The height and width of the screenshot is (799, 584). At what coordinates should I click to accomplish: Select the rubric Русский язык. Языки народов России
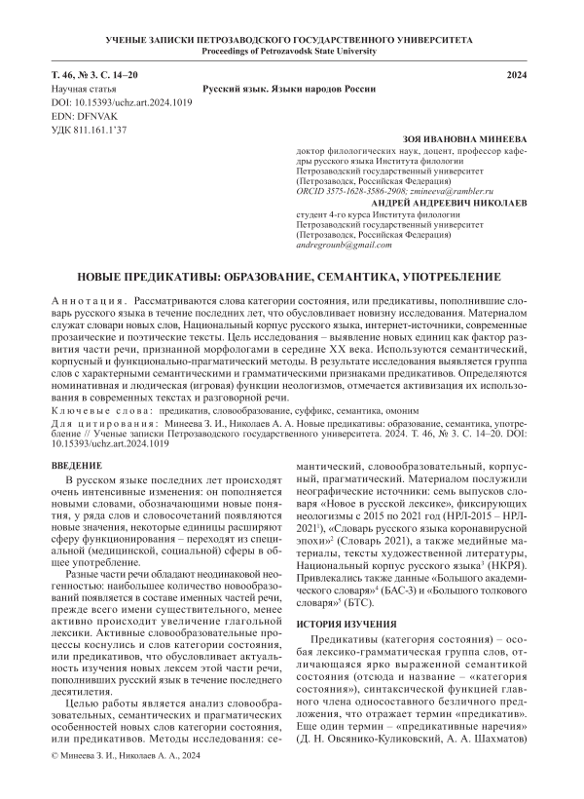tap(290, 89)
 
